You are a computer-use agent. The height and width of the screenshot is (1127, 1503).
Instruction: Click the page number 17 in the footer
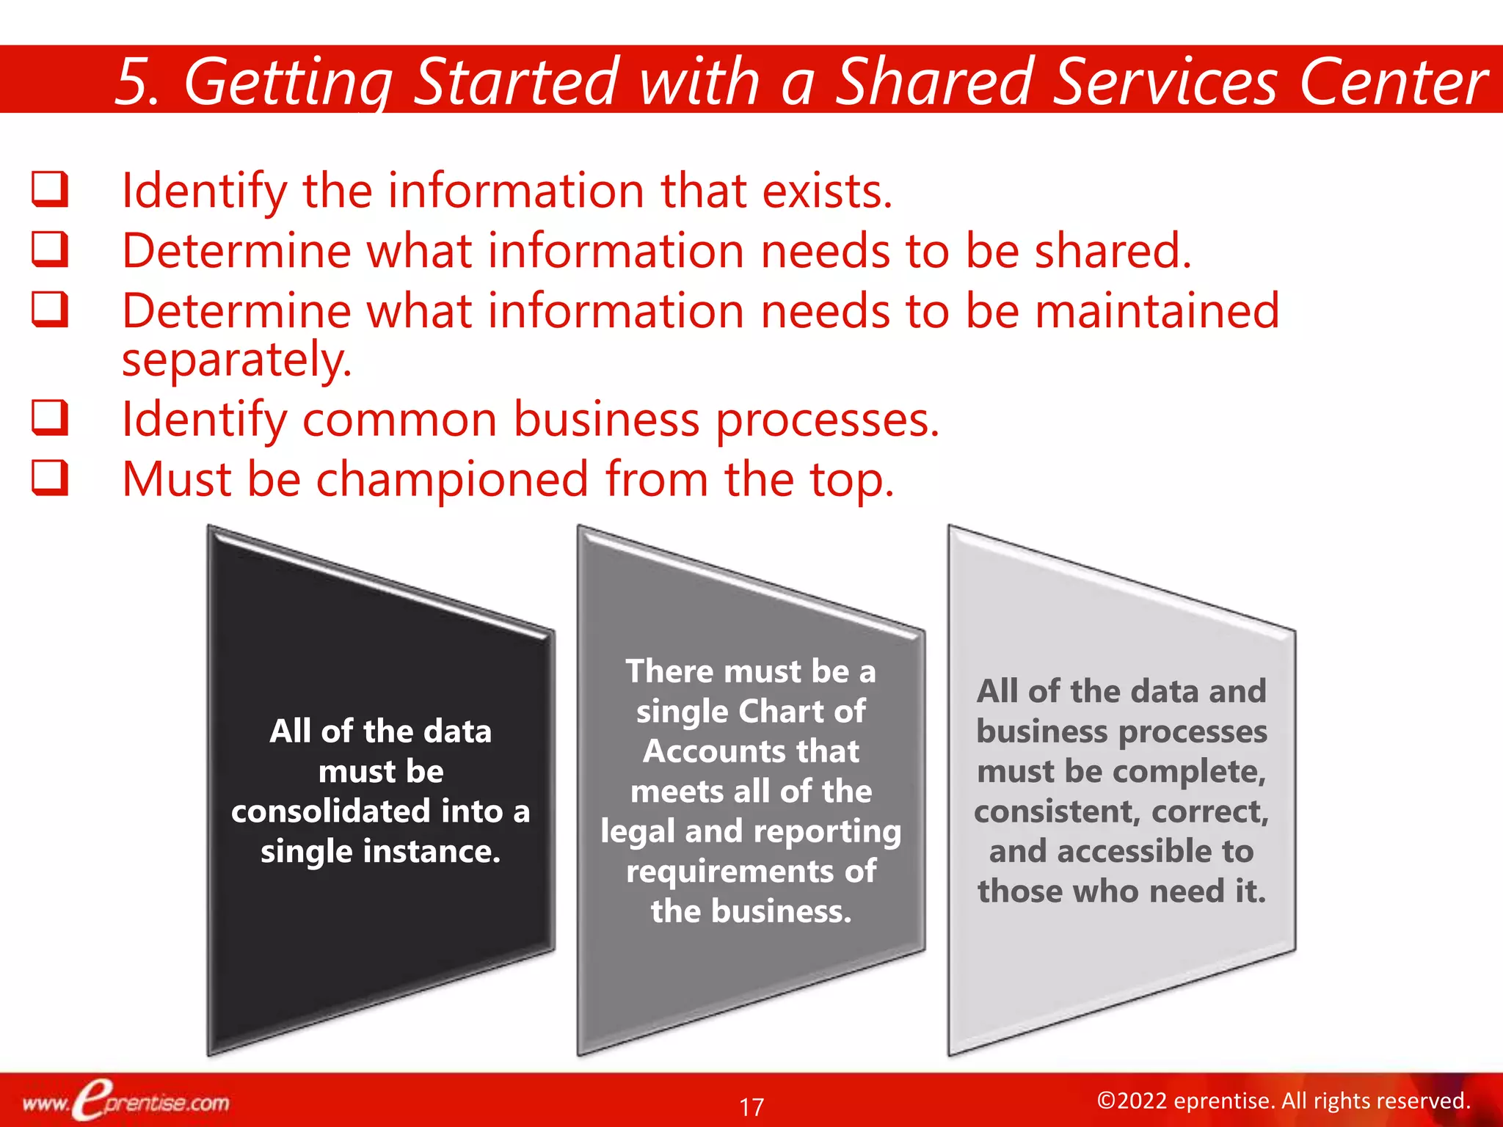tap(751, 1106)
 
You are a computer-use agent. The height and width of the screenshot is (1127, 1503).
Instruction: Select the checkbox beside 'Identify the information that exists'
tap(50, 189)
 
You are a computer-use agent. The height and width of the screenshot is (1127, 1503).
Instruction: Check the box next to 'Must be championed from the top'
tap(50, 478)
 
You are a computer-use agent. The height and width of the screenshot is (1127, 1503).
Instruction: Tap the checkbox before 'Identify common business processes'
tap(50, 418)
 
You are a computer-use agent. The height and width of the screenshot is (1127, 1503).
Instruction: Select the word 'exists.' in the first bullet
tap(827, 191)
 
